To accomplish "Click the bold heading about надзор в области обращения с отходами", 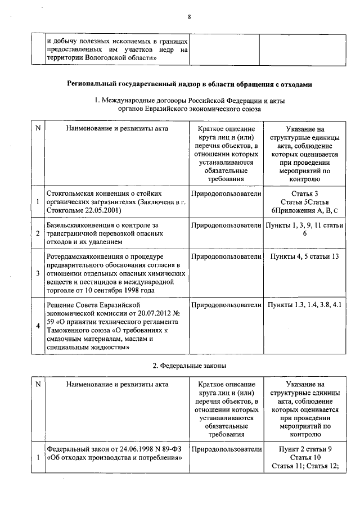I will [189, 84].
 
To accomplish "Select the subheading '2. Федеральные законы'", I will [190, 366].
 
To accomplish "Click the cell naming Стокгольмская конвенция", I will [116, 202].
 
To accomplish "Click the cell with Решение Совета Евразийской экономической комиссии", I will [116, 326].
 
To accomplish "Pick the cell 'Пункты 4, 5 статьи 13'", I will [304, 257].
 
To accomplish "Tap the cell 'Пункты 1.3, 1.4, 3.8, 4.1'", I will [304, 305].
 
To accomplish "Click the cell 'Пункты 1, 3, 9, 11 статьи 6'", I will [304, 229].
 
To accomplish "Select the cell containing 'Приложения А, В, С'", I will [304, 210].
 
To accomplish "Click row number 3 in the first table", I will [38, 273].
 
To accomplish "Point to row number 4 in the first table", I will [38, 326].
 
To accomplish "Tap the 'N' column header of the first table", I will [38, 129].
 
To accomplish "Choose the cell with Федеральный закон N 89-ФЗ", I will [116, 453].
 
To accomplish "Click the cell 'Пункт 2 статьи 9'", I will [304, 449].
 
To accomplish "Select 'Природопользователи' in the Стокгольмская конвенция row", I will [226, 194].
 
